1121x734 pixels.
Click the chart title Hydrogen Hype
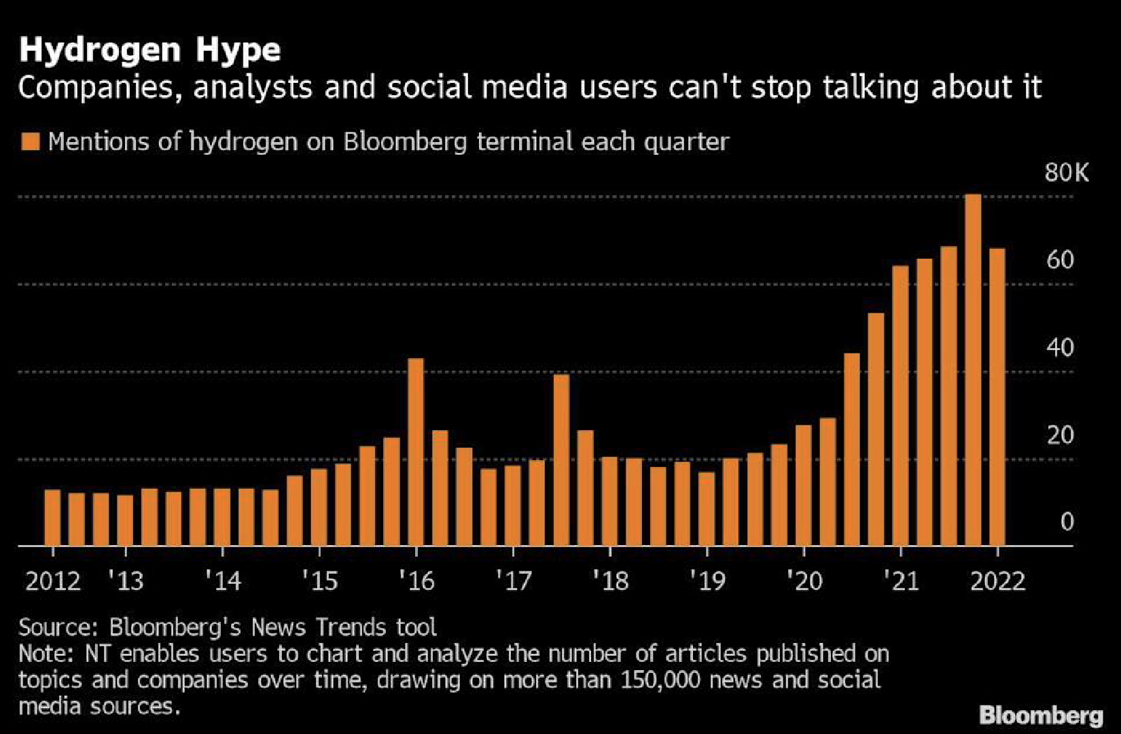pyautogui.click(x=149, y=50)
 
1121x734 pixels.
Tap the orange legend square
pyautogui.click(x=31, y=141)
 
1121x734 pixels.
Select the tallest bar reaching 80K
pyautogui.click(x=972, y=370)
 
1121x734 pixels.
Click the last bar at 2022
pyautogui.click(x=997, y=398)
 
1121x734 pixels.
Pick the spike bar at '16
pyautogui.click(x=416, y=452)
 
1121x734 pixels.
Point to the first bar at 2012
pyautogui.click(x=52, y=518)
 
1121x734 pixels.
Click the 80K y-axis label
pyautogui.click(x=1066, y=173)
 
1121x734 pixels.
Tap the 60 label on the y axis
pyautogui.click(x=1060, y=260)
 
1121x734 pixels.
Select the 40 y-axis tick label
pyautogui.click(x=1060, y=347)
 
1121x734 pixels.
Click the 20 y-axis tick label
pyautogui.click(x=1060, y=435)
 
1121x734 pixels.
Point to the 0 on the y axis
pyautogui.click(x=1067, y=522)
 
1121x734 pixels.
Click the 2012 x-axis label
pyautogui.click(x=52, y=582)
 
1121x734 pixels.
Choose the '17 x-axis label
pyautogui.click(x=514, y=582)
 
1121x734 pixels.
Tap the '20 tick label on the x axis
pyautogui.click(x=804, y=582)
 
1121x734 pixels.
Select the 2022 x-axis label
pyautogui.click(x=997, y=582)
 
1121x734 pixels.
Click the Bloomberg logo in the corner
pyautogui.click(x=1041, y=715)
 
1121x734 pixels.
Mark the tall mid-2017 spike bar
pyautogui.click(x=561, y=460)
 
